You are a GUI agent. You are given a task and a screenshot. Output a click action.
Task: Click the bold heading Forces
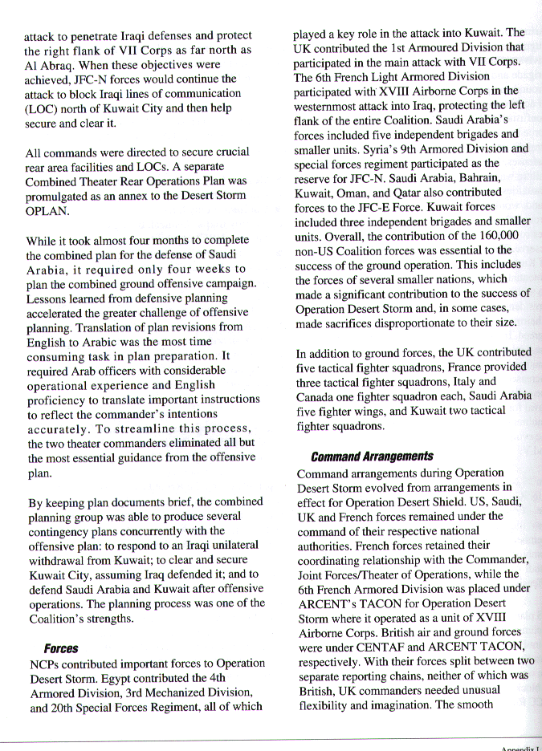[x=60, y=647]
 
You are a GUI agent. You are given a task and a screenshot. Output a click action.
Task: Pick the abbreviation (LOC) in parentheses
[x=42, y=108]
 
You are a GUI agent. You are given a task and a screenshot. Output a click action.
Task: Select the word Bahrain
[x=491, y=178]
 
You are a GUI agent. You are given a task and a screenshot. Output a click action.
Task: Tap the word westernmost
[x=331, y=106]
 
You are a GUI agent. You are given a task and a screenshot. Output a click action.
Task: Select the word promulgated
[x=61, y=197]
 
